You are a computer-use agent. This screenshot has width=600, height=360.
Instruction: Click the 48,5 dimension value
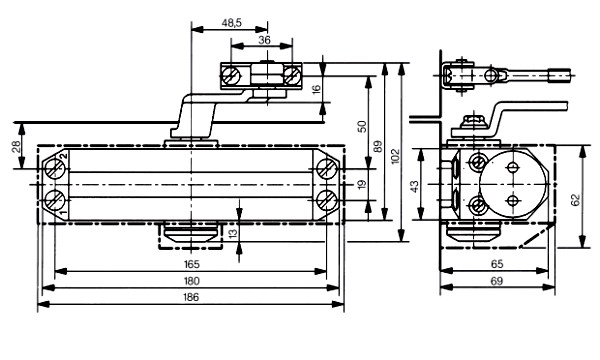click(x=232, y=23)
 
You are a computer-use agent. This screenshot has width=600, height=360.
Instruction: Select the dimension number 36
click(x=264, y=40)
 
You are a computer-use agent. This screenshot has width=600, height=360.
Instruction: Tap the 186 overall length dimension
click(x=191, y=297)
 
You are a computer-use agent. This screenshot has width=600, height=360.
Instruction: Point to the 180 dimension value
click(x=191, y=281)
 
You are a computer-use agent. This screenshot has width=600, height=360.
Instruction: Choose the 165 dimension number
click(x=191, y=264)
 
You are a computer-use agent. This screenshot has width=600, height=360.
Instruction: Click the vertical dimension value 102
click(x=395, y=156)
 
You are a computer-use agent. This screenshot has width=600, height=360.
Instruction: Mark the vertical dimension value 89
click(x=378, y=147)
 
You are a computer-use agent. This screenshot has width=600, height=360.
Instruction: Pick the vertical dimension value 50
click(x=362, y=127)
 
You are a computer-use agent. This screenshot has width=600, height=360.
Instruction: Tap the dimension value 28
click(x=16, y=146)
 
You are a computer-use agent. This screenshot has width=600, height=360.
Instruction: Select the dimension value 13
click(x=232, y=232)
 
